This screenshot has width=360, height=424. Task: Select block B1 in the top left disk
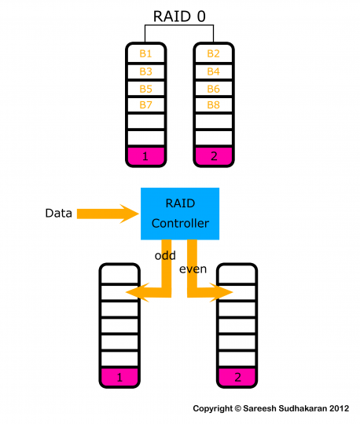(145, 54)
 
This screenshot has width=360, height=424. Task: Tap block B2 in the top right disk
(213, 54)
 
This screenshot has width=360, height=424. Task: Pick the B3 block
(145, 71)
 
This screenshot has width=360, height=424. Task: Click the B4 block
(213, 71)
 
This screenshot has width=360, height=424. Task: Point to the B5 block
(145, 89)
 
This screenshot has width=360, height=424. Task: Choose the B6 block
(213, 89)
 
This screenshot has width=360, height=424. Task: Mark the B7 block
(145, 106)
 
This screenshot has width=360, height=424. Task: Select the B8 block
(213, 106)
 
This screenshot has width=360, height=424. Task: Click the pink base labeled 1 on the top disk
(145, 157)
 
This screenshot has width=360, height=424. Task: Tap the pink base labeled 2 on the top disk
(213, 157)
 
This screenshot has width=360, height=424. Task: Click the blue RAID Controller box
(180, 213)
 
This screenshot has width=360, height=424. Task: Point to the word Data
(59, 212)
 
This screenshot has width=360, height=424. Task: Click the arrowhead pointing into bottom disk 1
(135, 292)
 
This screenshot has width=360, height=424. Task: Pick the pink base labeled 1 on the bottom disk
(119, 378)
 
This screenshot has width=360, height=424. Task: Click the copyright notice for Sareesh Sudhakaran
(271, 408)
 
